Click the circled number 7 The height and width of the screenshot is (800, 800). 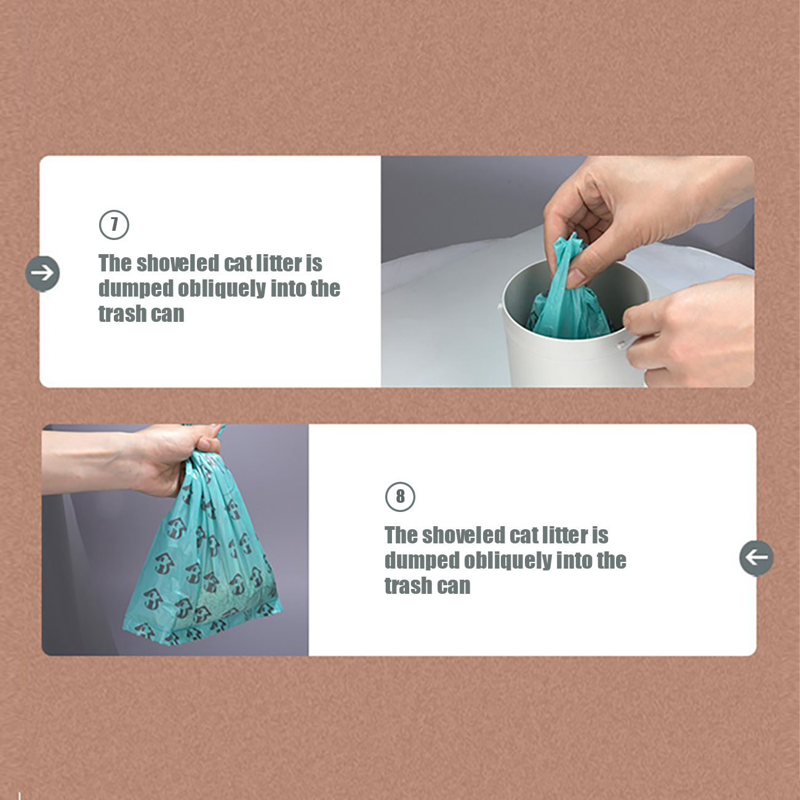pyautogui.click(x=114, y=225)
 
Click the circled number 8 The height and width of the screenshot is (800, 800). pyautogui.click(x=400, y=497)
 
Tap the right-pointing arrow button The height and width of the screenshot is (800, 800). pyautogui.click(x=42, y=274)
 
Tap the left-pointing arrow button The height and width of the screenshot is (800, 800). pyautogui.click(x=756, y=558)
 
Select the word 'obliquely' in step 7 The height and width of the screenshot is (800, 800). pyautogui.click(x=222, y=289)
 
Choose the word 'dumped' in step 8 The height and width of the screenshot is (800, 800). pyautogui.click(x=421, y=561)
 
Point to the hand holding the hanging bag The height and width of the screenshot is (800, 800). pyautogui.click(x=137, y=461)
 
